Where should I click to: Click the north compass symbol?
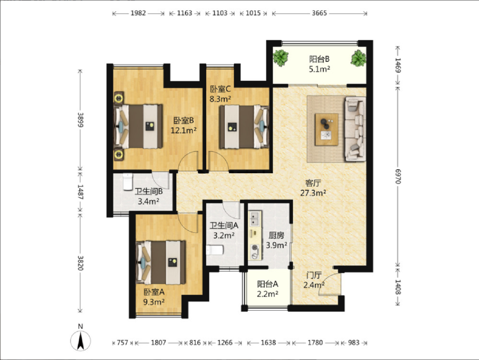[80, 341]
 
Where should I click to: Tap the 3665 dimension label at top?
[319, 13]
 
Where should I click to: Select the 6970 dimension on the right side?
[398, 176]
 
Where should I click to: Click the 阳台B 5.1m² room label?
[319, 64]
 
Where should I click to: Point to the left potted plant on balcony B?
[281, 58]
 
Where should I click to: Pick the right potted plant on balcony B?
[358, 58]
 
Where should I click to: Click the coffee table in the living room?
[326, 130]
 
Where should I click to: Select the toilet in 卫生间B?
[128, 182]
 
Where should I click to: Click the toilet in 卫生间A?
[215, 250]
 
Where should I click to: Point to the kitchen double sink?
[255, 218]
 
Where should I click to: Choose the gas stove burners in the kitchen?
[255, 252]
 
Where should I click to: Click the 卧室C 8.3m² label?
[220, 94]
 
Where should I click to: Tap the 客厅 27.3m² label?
[313, 188]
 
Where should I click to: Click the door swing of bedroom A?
[188, 223]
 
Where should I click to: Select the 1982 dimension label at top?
[138, 13]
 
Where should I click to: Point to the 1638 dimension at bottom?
[269, 342]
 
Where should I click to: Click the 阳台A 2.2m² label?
[268, 289]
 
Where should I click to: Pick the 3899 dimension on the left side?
[80, 120]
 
